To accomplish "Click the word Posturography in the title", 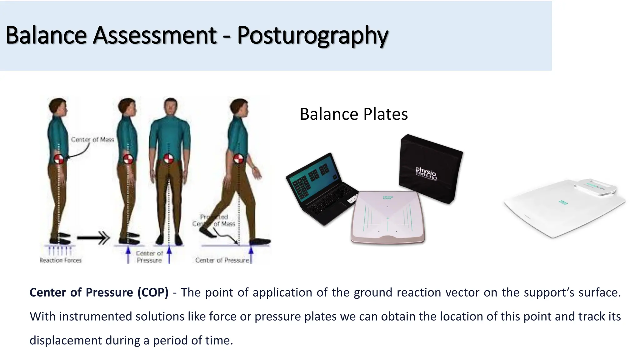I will (312, 35).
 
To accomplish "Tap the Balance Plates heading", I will (353, 114).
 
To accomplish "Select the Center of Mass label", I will (92, 139).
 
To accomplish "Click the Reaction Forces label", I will (60, 260).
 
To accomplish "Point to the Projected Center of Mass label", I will (214, 220).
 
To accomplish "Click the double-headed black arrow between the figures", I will (93, 238).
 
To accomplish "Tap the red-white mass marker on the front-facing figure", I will (169, 158).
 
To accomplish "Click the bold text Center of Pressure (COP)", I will (99, 292).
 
